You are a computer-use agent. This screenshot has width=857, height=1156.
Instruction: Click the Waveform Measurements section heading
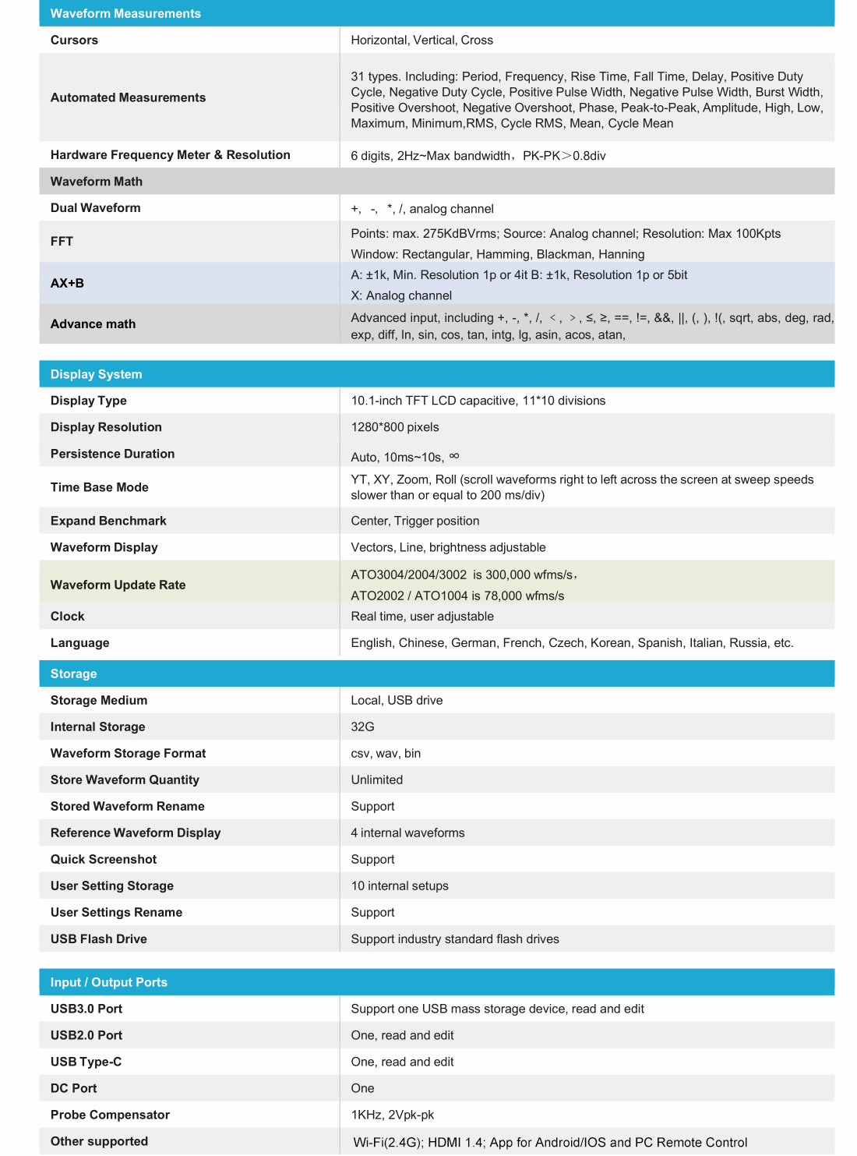[125, 13]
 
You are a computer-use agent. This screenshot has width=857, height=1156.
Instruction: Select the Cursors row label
[74, 40]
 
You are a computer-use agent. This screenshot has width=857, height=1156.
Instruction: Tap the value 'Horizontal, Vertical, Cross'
[421, 40]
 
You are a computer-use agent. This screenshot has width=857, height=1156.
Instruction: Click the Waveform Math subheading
[97, 182]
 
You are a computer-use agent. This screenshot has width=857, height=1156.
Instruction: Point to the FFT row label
[62, 242]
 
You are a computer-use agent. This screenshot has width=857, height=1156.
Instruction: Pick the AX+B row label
[67, 283]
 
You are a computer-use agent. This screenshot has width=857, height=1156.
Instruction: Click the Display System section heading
[97, 374]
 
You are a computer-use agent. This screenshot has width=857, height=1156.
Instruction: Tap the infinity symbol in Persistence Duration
[454, 456]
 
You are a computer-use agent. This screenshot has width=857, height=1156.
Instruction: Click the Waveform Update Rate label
[118, 585]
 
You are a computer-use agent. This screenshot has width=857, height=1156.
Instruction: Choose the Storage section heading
[74, 673]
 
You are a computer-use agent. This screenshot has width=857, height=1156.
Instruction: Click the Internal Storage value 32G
[362, 726]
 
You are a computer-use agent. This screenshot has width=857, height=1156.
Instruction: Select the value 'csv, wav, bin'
[386, 753]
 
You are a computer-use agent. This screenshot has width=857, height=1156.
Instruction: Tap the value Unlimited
[377, 780]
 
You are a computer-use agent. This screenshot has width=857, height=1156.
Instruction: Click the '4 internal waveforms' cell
[407, 833]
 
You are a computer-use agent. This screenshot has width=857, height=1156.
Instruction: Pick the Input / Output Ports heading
[109, 982]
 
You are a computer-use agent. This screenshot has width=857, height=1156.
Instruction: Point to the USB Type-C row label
[86, 1062]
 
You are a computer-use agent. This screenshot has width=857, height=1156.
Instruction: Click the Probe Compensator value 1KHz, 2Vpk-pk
[393, 1115]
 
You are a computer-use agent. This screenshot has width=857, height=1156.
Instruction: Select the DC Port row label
[74, 1088]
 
